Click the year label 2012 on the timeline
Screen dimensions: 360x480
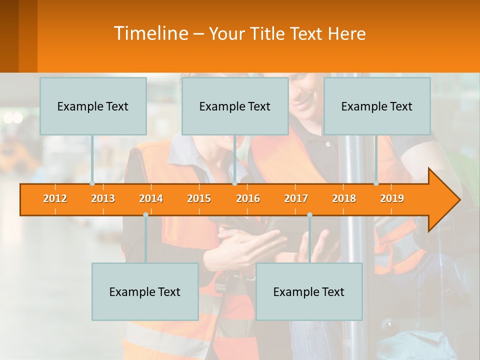click(55, 198)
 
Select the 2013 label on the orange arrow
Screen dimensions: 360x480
click(103, 198)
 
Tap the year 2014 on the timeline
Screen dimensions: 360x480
click(151, 198)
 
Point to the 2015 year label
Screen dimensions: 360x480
click(199, 198)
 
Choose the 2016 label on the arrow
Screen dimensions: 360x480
click(248, 198)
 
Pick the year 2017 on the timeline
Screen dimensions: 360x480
click(296, 198)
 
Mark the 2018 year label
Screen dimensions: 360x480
click(344, 198)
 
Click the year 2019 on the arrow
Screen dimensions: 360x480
click(392, 198)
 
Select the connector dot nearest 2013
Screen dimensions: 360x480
click(92, 183)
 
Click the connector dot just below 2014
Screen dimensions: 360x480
click(145, 214)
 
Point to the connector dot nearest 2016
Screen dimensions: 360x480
click(234, 183)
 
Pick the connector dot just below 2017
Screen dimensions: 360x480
click(309, 214)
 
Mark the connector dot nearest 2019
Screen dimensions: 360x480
click(376, 183)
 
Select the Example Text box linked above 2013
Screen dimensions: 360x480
click(93, 106)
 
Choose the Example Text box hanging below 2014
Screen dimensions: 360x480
click(145, 292)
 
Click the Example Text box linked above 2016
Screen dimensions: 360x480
click(235, 106)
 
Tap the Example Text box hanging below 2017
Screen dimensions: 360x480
click(309, 292)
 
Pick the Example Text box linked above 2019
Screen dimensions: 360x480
click(377, 106)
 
